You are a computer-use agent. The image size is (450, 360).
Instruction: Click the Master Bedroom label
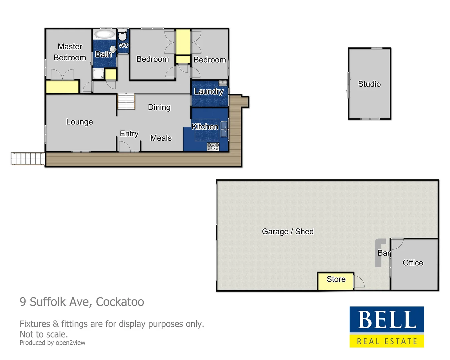70,52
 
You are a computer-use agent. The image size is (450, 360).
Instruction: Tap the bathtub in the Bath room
105,34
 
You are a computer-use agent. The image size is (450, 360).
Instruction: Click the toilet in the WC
122,36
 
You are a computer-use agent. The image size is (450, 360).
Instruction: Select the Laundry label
209,91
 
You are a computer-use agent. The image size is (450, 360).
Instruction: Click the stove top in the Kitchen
213,146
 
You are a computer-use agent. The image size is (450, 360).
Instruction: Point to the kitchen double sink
224,129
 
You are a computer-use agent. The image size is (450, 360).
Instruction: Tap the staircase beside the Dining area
126,101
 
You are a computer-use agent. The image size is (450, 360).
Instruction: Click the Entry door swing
124,147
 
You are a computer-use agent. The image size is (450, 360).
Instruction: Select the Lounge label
79,122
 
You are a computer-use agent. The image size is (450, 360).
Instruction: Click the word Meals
161,138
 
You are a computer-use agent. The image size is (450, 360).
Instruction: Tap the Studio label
369,84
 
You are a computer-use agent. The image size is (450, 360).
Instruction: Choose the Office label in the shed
413,263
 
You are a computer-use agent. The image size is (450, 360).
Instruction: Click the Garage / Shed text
288,231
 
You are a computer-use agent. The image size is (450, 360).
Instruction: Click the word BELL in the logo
387,320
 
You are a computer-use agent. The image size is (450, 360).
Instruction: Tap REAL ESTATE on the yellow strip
387,341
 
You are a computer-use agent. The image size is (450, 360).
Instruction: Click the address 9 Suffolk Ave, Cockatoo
82,302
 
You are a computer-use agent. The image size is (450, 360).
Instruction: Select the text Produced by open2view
52,343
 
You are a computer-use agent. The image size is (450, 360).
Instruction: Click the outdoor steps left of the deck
28,159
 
